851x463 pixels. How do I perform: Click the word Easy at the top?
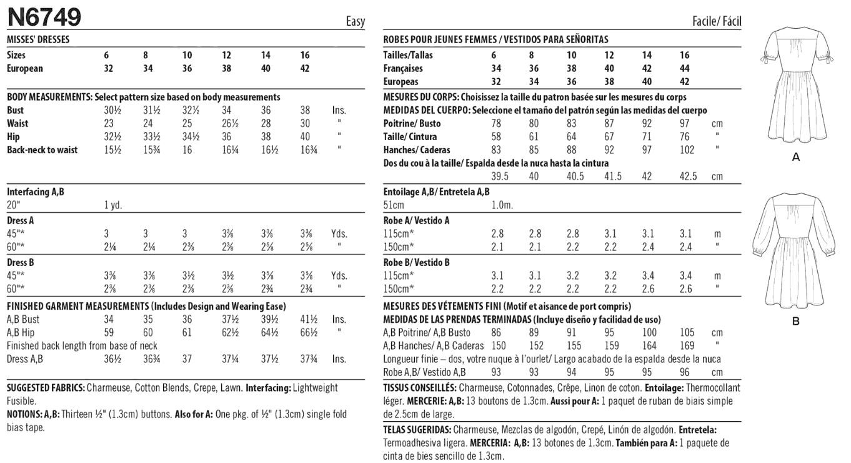[x=355, y=22]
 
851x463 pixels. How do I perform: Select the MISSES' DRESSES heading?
[x=37, y=39]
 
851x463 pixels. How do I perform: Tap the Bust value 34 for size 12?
[x=226, y=110]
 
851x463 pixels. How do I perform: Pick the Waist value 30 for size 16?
[x=305, y=123]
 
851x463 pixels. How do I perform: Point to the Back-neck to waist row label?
[x=42, y=150]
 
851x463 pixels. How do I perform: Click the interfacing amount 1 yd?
[x=113, y=205]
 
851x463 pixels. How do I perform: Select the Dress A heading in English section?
[x=21, y=221]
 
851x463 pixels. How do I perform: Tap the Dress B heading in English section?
[x=21, y=262]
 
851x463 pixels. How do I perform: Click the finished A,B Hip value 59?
[x=109, y=332]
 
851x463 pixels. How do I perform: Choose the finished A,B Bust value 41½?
[x=305, y=319]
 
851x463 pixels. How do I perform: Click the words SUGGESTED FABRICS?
[x=45, y=388]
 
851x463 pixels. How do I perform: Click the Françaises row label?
[x=403, y=68]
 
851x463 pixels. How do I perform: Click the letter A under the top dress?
[x=795, y=158]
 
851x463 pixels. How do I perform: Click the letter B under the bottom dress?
[x=795, y=322]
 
